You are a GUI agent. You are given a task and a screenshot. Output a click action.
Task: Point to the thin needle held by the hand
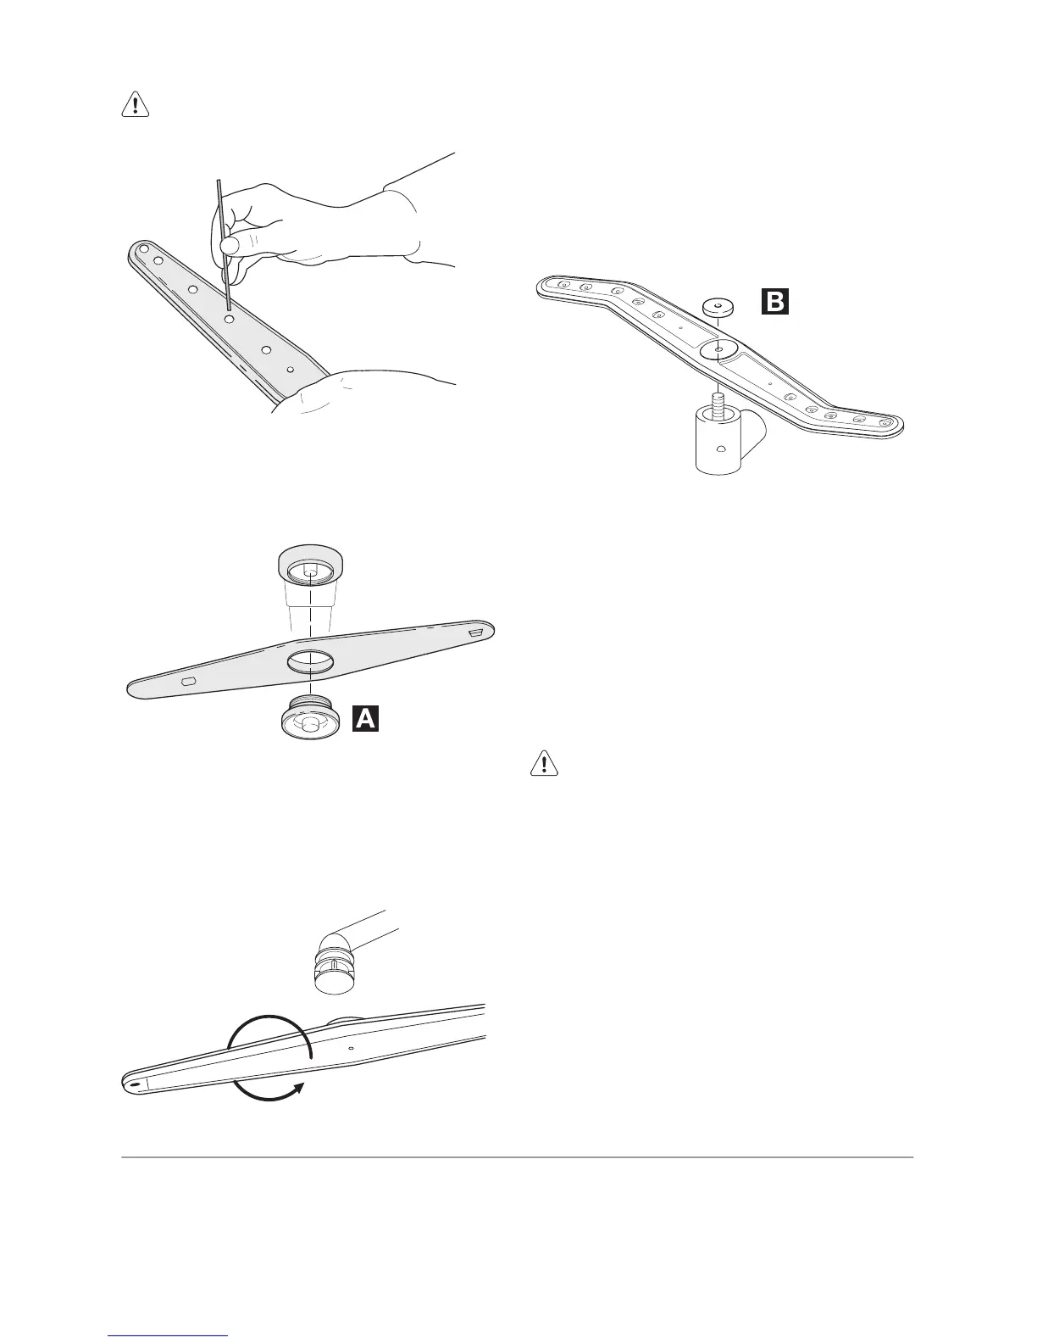click(223, 237)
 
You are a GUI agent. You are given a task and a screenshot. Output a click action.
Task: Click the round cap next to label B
click(718, 306)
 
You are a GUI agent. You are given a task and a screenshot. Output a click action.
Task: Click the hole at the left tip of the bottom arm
click(135, 1084)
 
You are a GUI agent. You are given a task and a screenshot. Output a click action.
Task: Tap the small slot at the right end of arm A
click(475, 632)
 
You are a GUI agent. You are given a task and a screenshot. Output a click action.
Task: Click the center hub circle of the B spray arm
click(718, 348)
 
